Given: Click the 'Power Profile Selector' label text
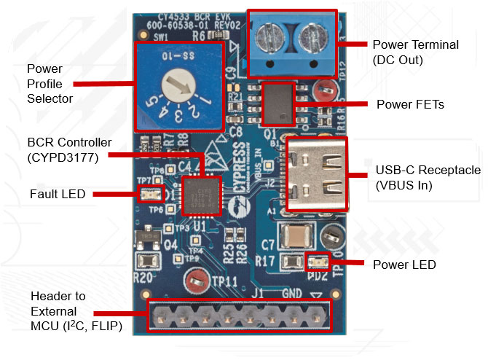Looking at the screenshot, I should (50, 83).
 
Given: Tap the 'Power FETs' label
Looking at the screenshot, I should (410, 104).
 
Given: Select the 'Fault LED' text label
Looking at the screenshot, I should (58, 195).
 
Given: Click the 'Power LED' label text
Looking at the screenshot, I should (404, 265).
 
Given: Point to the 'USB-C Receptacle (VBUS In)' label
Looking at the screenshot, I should (428, 177).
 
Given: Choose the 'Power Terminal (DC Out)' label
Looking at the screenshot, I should (415, 52).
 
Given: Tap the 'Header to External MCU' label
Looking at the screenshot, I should (73, 312).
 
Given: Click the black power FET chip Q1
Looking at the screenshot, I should (278, 104).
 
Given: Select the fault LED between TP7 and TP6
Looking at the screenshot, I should (149, 195).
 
